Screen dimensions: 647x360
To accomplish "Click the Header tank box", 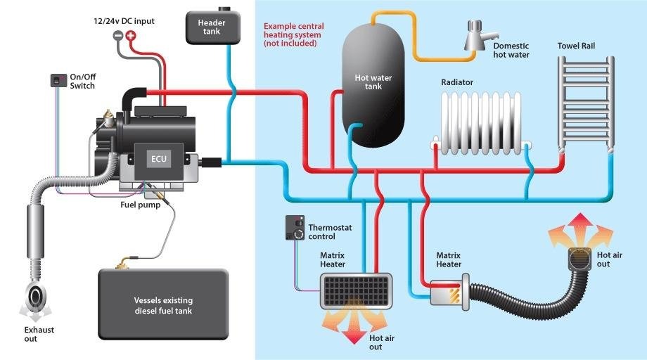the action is point(212,27).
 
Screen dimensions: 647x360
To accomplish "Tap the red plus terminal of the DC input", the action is point(130,35).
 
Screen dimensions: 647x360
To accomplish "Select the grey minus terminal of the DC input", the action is point(118,35).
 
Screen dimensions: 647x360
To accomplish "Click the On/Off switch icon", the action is point(58,80).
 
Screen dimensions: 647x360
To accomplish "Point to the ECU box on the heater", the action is point(159,159).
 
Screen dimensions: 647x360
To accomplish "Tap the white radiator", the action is point(481,123).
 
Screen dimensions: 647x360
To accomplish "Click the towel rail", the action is point(586,103).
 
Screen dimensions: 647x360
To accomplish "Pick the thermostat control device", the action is point(295,227).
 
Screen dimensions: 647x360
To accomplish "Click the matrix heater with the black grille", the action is point(356,291).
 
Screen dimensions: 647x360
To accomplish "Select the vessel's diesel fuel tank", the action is point(163,304).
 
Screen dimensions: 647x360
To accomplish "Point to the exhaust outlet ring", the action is point(34,296).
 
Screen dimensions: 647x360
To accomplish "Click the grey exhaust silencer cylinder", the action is point(35,231).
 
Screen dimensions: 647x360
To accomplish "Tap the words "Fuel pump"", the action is point(140,205).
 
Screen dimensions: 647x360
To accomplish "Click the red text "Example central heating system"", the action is point(294,30).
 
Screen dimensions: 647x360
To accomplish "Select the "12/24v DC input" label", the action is point(124,20).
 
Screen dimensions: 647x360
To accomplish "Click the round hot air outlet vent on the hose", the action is point(579,259).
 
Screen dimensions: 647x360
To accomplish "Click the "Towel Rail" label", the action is point(576,46).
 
